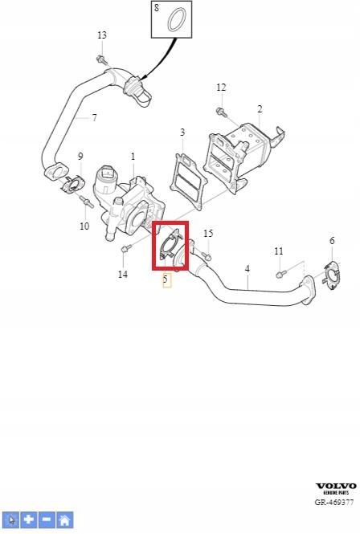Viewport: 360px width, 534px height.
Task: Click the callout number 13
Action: pyautogui.click(x=102, y=35)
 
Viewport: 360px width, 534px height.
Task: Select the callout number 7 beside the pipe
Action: pyautogui.click(x=95, y=118)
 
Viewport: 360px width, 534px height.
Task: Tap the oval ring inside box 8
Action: pyautogui.click(x=177, y=20)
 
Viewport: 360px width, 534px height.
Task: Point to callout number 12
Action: pyautogui.click(x=221, y=88)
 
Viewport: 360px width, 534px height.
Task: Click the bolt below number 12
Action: pyautogui.click(x=221, y=112)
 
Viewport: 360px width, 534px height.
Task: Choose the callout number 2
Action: pyautogui.click(x=260, y=109)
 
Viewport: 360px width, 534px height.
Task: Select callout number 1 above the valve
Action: pyautogui.click(x=133, y=157)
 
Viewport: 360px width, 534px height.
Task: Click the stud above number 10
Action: pyautogui.click(x=87, y=202)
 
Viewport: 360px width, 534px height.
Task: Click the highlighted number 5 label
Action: pyautogui.click(x=166, y=280)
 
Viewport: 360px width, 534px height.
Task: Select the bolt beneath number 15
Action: pyautogui.click(x=206, y=255)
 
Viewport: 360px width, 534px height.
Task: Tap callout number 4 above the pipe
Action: pyautogui.click(x=247, y=269)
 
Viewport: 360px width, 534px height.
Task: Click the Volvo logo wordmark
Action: pyautogui.click(x=336, y=487)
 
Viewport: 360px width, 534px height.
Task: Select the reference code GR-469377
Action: pyautogui.click(x=334, y=503)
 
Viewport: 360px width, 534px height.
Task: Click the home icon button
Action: pyautogui.click(x=64, y=520)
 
